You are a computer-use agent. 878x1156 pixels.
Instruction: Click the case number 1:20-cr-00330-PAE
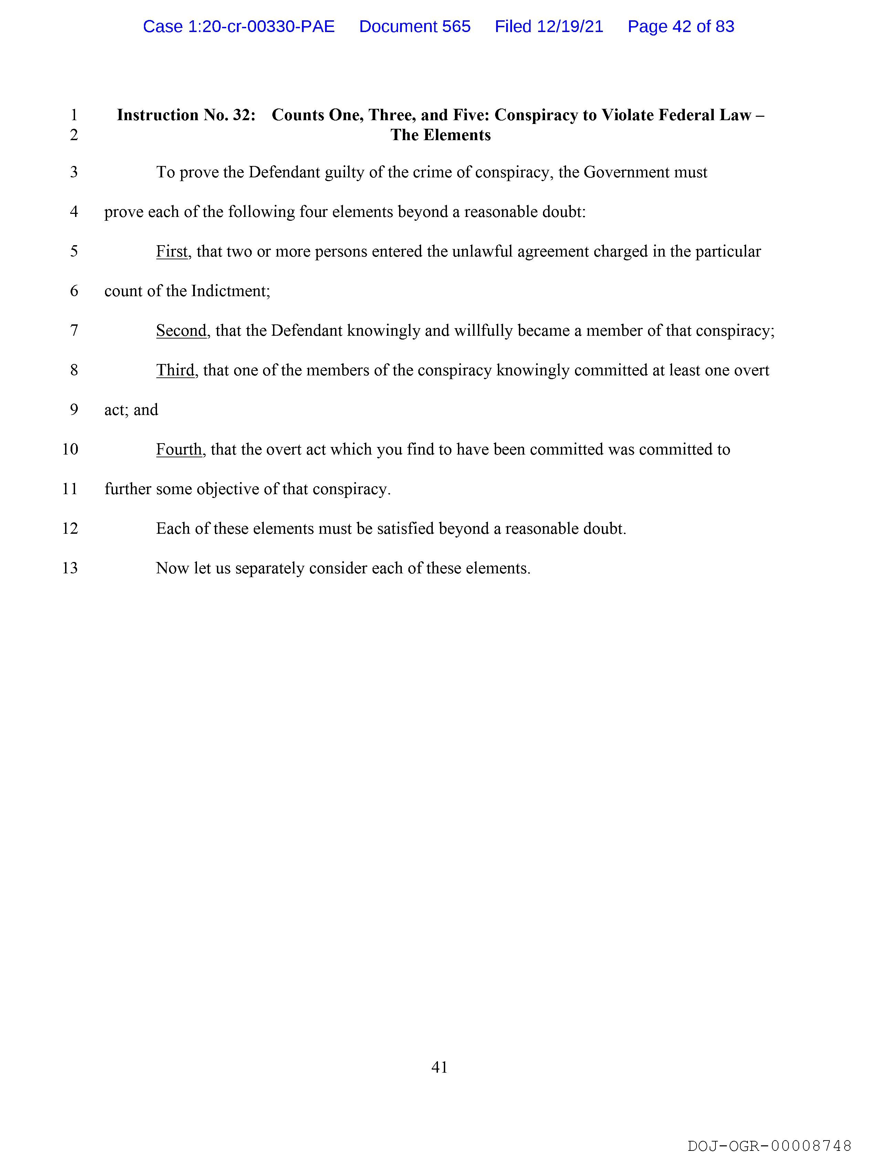coord(239,27)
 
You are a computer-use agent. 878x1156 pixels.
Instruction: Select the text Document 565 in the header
coord(415,27)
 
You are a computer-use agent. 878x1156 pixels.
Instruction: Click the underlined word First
coord(171,251)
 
